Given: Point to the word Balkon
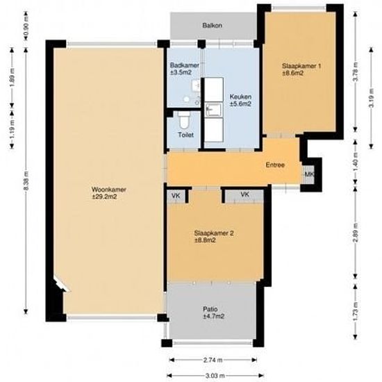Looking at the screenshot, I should [212, 26].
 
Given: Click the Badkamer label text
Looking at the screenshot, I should [184, 68].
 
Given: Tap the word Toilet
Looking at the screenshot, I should [185, 135].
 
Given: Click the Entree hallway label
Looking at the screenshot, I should [276, 165].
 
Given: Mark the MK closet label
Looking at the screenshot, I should [309, 174].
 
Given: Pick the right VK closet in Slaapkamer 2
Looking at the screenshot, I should [245, 195].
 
